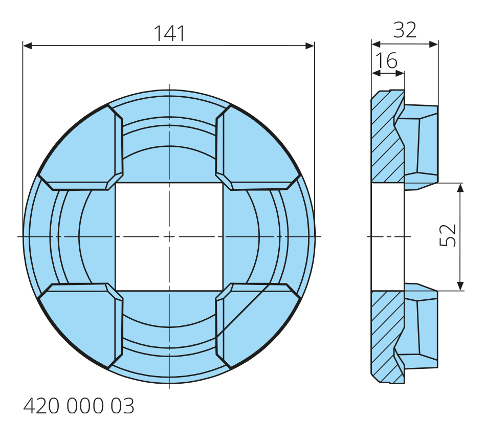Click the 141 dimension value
[x=169, y=33]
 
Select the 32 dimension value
[x=405, y=30]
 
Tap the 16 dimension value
[x=386, y=60]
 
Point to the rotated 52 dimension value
[x=448, y=235]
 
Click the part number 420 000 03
[x=79, y=406]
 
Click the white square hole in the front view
[x=169, y=236]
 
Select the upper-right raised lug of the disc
[x=257, y=147]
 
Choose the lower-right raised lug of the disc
[x=257, y=325]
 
